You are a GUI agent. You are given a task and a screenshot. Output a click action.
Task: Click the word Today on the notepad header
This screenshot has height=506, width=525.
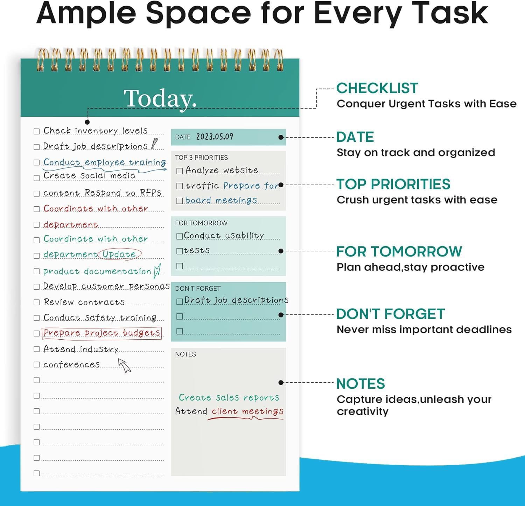160,98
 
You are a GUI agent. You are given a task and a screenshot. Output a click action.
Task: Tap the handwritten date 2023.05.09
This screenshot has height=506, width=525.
215,137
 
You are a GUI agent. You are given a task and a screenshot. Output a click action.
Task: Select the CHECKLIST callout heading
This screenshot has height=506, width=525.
377,88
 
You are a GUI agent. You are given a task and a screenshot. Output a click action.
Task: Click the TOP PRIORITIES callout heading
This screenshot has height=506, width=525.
393,184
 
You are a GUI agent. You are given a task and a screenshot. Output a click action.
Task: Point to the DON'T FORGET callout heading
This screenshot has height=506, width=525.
390,314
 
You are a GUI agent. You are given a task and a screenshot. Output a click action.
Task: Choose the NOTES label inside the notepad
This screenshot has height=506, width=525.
185,354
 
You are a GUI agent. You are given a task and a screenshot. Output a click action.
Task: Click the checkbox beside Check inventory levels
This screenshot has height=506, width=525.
36,131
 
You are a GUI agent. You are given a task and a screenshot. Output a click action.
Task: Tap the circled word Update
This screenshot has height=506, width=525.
119,254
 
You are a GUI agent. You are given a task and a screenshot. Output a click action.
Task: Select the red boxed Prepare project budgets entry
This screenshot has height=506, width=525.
101,333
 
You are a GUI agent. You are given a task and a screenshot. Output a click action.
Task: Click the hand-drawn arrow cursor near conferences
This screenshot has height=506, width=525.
124,365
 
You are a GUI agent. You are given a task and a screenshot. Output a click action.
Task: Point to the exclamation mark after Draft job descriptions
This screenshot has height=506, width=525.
154,144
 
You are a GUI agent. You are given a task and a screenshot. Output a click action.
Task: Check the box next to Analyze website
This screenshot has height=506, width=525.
180,171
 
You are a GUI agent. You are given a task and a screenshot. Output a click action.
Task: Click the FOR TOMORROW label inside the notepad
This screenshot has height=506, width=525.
201,223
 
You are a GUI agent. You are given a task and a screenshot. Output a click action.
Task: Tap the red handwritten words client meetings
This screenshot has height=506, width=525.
247,411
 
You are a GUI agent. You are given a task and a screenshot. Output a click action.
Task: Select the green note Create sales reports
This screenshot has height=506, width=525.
229,397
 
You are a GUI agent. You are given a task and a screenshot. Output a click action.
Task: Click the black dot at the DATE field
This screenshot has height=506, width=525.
281,137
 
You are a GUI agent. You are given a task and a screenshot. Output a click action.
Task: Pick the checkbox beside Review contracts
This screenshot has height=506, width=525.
36,302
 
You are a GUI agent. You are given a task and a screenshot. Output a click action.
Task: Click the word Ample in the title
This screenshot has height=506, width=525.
86,13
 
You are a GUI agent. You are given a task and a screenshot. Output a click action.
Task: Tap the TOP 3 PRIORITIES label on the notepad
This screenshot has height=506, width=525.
201,158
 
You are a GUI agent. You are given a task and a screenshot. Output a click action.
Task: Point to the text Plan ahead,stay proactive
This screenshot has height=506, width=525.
410,267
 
